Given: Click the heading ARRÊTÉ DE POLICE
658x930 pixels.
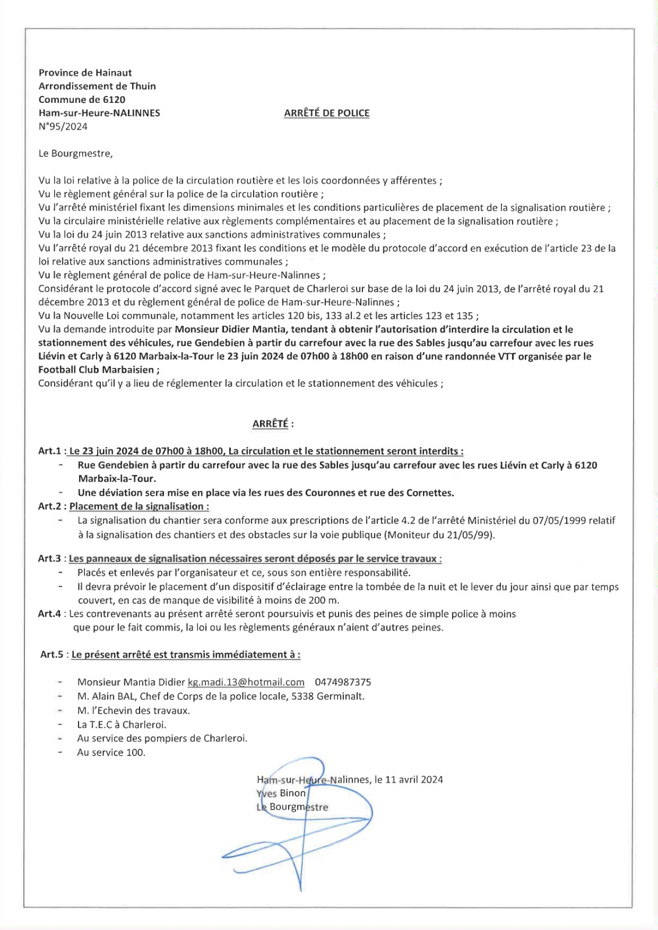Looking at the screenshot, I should click(326, 113).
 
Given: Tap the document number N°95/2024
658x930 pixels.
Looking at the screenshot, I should click(63, 127).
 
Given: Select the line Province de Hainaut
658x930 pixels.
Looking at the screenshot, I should click(85, 73).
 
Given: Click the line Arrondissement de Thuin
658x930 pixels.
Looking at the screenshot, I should click(97, 86).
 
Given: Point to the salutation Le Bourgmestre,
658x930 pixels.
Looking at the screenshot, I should click(76, 153).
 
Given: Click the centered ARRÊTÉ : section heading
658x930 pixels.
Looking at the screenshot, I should click(272, 424).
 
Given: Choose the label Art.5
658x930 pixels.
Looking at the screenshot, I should click(52, 654).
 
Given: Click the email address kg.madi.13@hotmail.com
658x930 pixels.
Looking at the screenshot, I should click(246, 682).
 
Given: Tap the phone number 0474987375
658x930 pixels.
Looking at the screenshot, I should click(343, 682).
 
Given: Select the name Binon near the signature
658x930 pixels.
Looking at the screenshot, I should click(293, 793).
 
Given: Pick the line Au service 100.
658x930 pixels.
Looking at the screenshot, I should click(111, 753).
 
